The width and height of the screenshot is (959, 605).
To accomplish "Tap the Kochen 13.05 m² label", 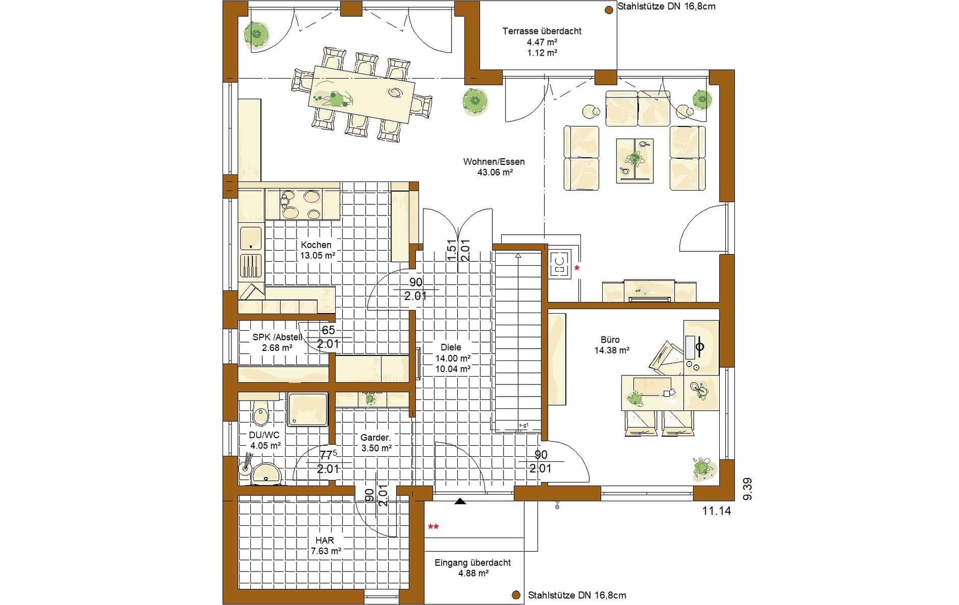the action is [317, 250].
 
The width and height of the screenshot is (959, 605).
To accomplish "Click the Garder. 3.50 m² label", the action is [376, 443].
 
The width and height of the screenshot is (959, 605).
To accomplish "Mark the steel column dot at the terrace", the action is [609, 9].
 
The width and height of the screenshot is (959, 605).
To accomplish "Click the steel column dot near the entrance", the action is [516, 596].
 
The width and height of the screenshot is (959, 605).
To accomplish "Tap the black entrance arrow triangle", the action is [460, 501].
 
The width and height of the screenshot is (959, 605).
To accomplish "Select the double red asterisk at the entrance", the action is [433, 526].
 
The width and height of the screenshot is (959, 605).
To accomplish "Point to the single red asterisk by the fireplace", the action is [577, 269].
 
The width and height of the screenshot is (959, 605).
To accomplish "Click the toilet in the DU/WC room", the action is [260, 412].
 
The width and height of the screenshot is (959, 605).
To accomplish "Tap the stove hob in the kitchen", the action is [302, 204].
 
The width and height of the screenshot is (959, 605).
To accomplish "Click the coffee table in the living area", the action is [635, 160].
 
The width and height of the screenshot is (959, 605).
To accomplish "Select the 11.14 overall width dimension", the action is [716, 510].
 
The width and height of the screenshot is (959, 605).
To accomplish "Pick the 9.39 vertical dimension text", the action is [748, 489].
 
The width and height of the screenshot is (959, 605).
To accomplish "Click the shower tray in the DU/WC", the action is [307, 410].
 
